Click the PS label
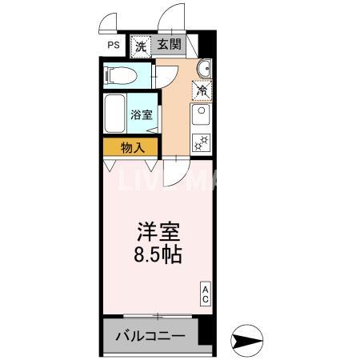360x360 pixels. [x=113, y=46]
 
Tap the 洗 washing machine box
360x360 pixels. [x=142, y=46]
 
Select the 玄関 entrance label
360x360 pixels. [x=169, y=46]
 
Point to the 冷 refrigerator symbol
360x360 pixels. [x=202, y=90]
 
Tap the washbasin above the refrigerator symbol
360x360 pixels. [x=202, y=67]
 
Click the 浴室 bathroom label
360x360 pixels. [x=143, y=114]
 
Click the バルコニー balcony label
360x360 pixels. [x=149, y=337]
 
